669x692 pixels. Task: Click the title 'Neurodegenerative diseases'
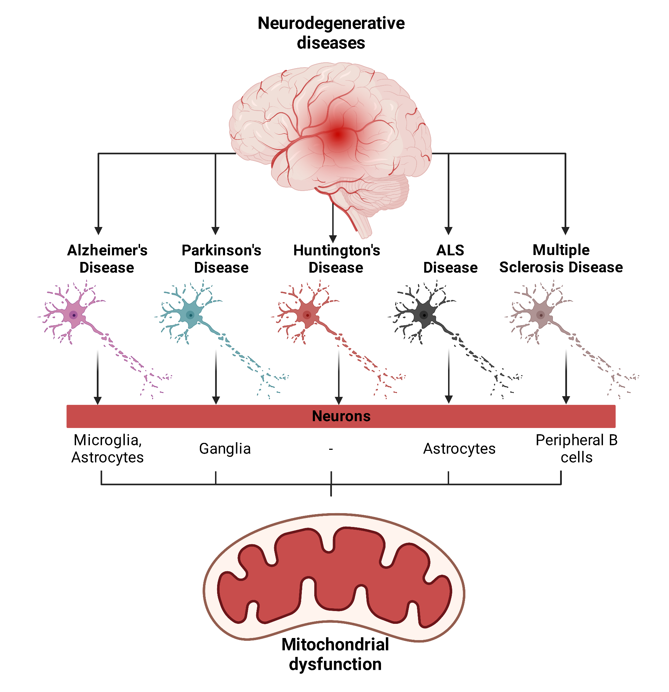click(331, 33)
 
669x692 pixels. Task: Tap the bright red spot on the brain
click(338, 135)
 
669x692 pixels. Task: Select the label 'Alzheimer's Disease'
click(107, 259)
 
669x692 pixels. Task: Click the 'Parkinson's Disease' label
click(221, 259)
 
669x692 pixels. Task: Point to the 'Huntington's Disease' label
click(336, 259)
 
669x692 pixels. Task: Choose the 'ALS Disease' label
click(450, 259)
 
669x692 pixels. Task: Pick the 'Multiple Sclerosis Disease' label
click(561, 258)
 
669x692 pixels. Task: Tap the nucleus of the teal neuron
click(190, 315)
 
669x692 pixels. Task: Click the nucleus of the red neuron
click(307, 315)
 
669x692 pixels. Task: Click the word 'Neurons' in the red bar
click(341, 416)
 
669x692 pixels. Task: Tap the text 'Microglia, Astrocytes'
click(108, 449)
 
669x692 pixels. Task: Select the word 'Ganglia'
click(225, 449)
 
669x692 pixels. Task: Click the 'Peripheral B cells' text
click(576, 449)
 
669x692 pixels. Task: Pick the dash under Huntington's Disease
click(331, 449)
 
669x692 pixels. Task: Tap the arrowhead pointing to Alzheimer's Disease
click(99, 231)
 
